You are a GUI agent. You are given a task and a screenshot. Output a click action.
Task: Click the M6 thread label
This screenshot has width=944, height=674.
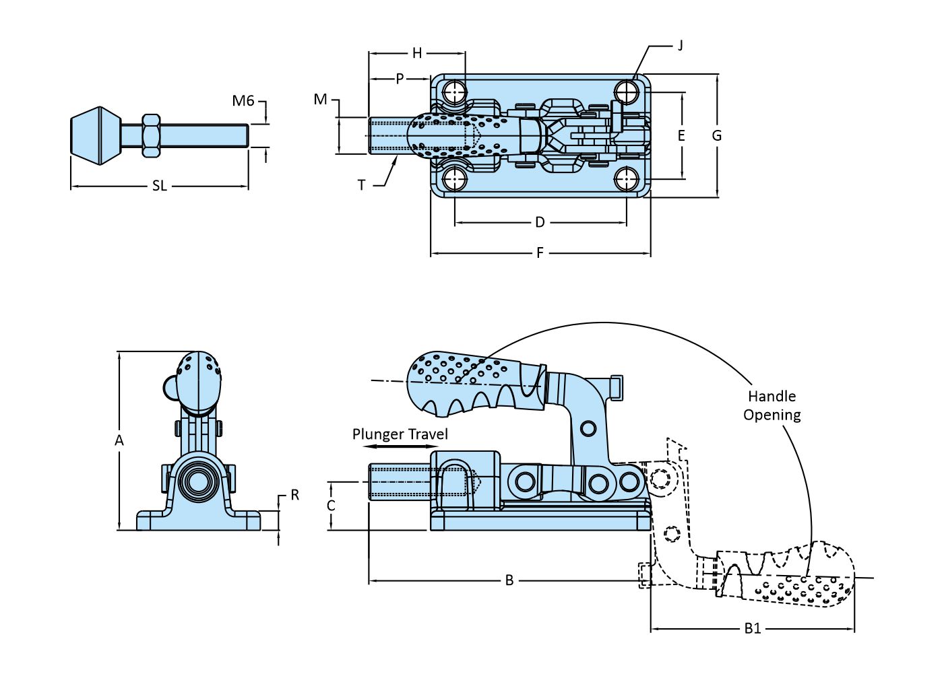coord(243,101)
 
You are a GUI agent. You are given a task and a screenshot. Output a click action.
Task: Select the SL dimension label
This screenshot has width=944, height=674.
coord(159,186)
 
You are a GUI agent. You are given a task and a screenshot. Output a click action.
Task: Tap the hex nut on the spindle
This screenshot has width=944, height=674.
coord(150,135)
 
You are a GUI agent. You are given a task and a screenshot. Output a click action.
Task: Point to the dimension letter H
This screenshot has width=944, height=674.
coord(417,53)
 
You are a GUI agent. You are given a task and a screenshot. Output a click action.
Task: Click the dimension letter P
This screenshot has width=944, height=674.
coord(400,79)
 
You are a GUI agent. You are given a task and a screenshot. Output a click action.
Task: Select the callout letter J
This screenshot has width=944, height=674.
coord(680,46)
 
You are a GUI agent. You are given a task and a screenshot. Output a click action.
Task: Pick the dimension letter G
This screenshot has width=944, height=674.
coord(717,135)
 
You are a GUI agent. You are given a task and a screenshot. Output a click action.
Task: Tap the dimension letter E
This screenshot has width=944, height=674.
coord(681,136)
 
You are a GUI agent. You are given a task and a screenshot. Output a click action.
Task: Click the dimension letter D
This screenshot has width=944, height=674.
coord(540,222)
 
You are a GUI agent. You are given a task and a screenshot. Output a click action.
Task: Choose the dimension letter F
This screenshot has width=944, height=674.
coord(540,253)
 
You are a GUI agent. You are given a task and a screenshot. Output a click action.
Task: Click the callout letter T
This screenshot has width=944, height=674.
coord(362,184)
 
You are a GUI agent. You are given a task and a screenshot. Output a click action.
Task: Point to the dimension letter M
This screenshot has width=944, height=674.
coord(320,100)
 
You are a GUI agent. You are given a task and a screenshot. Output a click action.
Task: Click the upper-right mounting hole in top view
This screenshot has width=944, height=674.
coord(627,91)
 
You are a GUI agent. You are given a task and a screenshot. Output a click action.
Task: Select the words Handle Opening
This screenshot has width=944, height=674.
coord(772,405)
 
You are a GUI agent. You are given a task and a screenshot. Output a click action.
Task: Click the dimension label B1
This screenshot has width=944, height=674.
coord(753,628)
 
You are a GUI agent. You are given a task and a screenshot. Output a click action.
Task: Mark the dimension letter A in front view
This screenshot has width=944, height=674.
coord(119,440)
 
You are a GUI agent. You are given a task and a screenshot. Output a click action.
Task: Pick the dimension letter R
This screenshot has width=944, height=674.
coord(294,495)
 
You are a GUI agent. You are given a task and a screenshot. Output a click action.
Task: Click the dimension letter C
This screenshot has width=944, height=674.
coord(331,506)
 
